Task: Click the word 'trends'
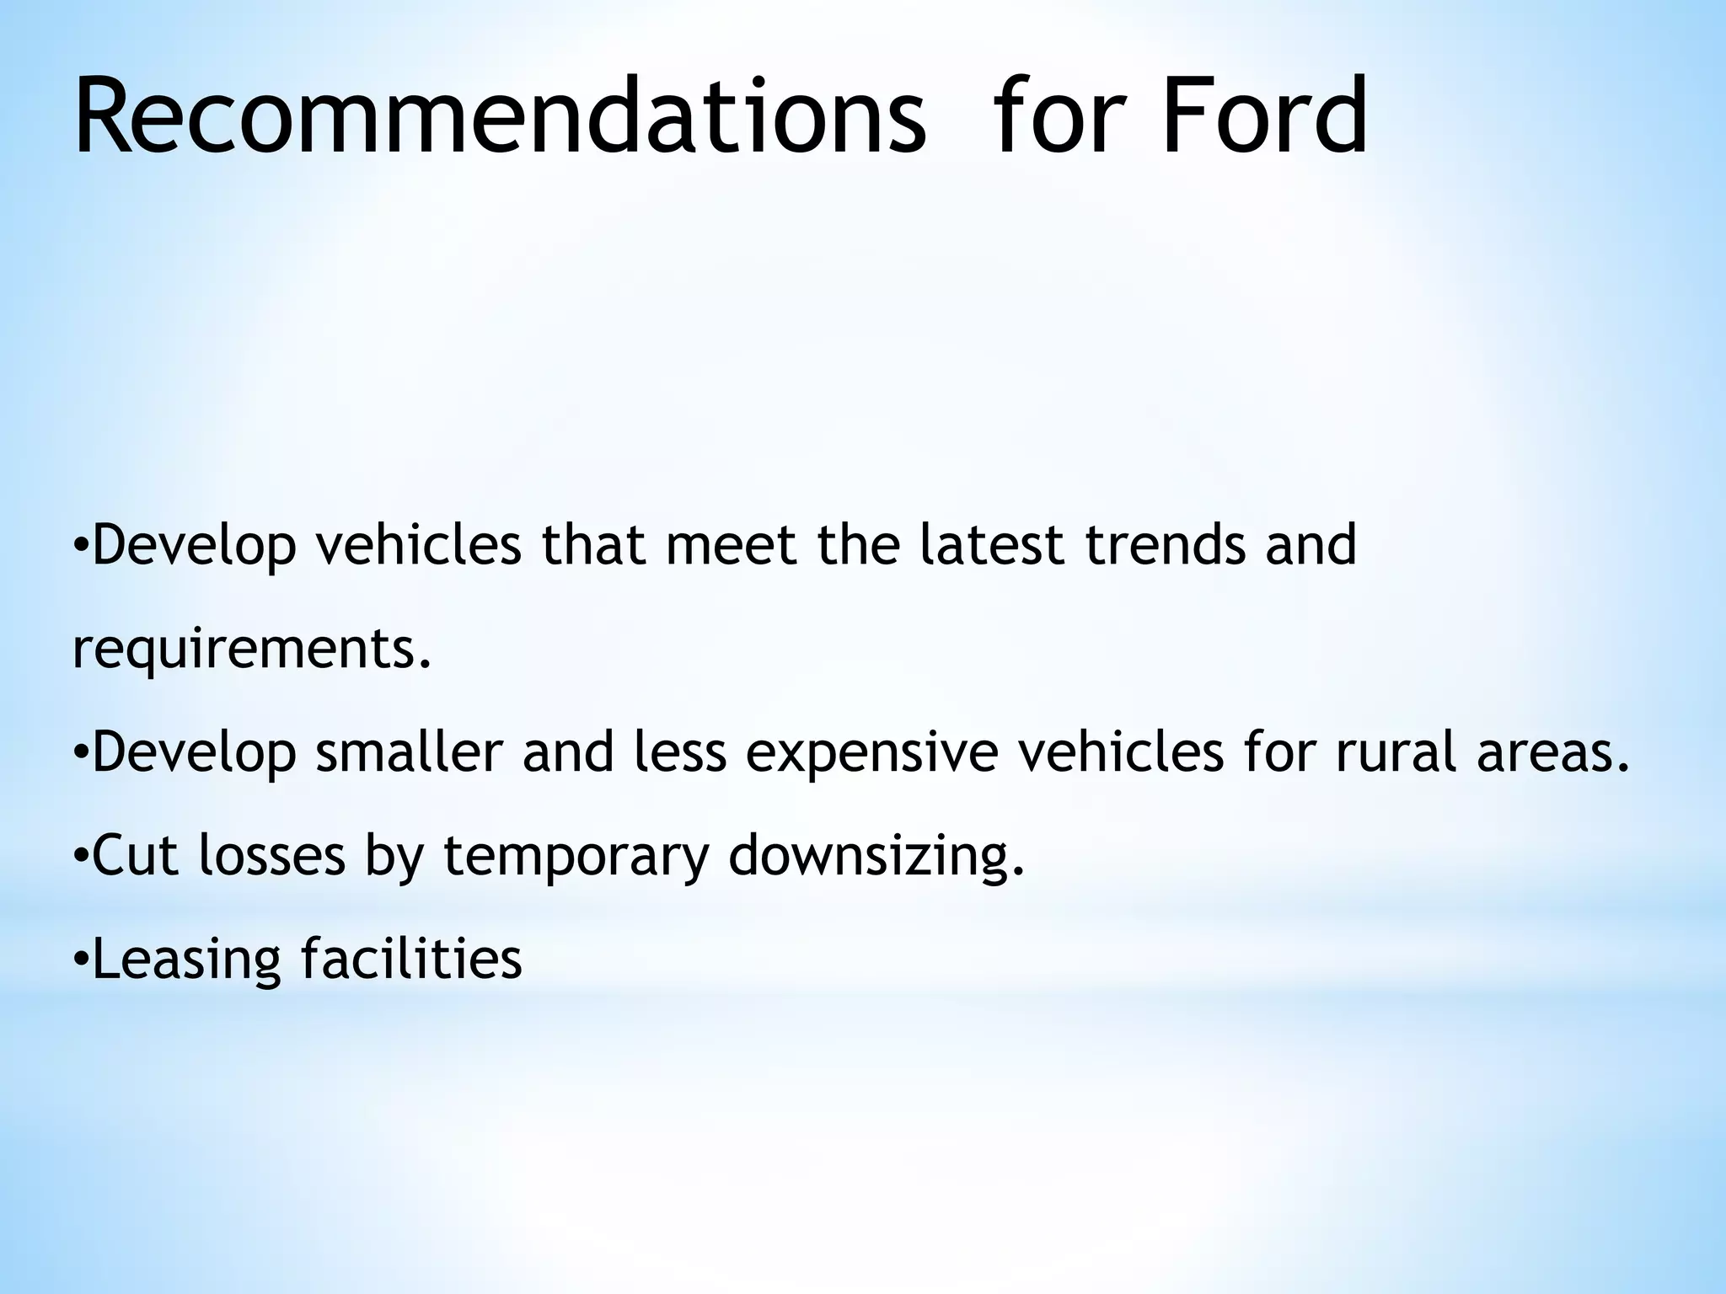coord(1164,545)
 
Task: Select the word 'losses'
coord(272,856)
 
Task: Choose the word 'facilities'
coord(411,959)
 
